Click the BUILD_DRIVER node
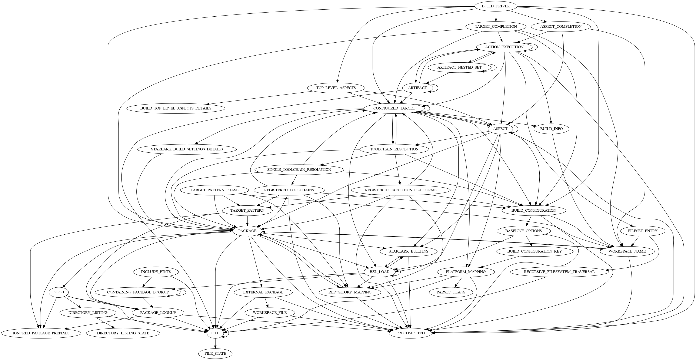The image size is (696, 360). pyautogui.click(x=496, y=6)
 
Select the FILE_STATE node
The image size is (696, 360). pyautogui.click(x=215, y=354)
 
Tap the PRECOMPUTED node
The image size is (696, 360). pyautogui.click(x=410, y=333)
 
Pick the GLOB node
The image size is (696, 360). pyautogui.click(x=59, y=292)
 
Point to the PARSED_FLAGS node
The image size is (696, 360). pyautogui.click(x=451, y=292)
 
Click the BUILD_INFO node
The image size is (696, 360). pyautogui.click(x=552, y=129)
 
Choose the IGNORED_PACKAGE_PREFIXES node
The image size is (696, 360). pyautogui.click(x=41, y=333)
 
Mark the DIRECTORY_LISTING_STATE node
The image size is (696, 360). pyautogui.click(x=123, y=333)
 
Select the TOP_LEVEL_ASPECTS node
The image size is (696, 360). pyautogui.click(x=336, y=88)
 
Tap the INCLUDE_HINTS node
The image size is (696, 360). pyautogui.click(x=152, y=272)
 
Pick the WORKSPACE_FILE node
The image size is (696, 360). pyautogui.click(x=270, y=313)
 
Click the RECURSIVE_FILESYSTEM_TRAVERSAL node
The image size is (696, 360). pyautogui.click(x=559, y=272)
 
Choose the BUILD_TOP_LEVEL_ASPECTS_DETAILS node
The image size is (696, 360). pyautogui.click(x=176, y=108)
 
